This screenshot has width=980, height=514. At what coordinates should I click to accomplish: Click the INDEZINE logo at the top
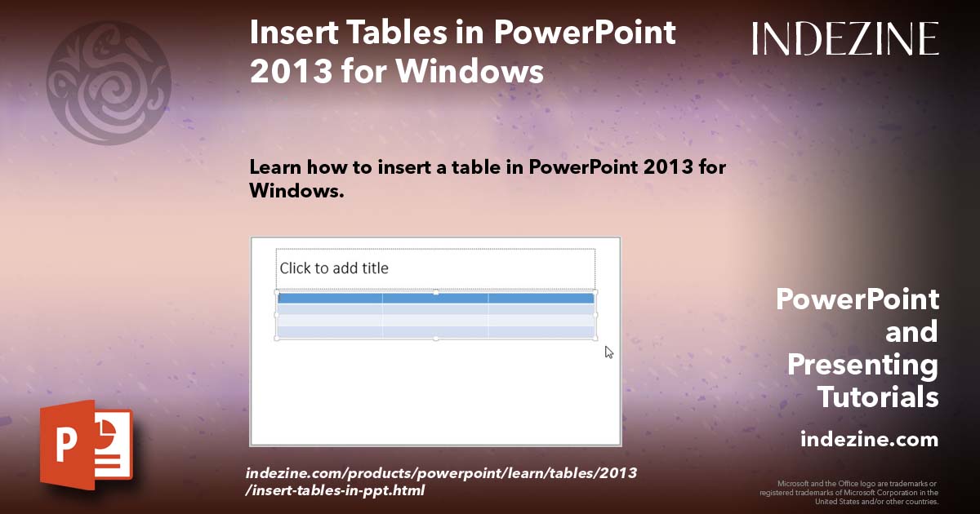click(x=845, y=38)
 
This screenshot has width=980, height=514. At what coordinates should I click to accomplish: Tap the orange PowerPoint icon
click(x=87, y=445)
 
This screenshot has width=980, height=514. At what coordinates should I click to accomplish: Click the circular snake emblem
click(x=109, y=83)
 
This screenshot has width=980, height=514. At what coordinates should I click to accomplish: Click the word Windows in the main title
click(x=470, y=71)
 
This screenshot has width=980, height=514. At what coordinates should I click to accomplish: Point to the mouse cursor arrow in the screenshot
click(x=609, y=352)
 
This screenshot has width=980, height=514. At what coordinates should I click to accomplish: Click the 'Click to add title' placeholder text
click(x=334, y=268)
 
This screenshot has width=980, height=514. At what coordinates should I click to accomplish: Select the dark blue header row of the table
click(x=436, y=299)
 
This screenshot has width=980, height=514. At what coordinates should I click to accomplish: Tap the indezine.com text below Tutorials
click(x=869, y=439)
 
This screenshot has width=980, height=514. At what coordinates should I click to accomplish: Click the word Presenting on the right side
click(x=862, y=366)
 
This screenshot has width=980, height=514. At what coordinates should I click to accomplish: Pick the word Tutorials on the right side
click(x=878, y=397)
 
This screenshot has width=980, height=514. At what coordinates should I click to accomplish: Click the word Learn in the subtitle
click(x=275, y=167)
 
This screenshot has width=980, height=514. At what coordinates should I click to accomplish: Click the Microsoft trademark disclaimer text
click(x=849, y=493)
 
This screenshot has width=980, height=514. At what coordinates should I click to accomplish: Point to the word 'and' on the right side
click(x=911, y=332)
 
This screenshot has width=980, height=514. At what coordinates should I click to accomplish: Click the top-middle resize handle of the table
click(x=436, y=291)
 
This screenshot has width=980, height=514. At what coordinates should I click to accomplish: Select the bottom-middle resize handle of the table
click(x=436, y=339)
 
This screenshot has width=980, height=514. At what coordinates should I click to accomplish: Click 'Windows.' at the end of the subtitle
click(x=296, y=191)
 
